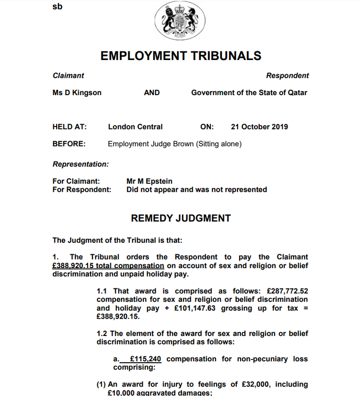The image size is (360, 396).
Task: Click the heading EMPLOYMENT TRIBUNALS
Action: point(181,56)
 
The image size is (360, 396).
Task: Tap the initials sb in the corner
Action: point(57,7)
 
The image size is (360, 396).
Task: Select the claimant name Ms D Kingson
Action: point(77,93)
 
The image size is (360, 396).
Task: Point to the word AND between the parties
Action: point(151,93)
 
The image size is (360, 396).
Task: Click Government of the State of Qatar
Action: point(249,93)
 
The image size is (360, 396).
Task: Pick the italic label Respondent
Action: point(287,75)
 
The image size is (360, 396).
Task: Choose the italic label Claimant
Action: point(68,75)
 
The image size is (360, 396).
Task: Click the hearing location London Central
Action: point(135,127)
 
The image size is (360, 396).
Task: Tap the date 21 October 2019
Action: point(259,127)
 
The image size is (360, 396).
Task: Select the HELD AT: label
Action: point(69,127)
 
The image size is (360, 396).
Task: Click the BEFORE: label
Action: point(69,144)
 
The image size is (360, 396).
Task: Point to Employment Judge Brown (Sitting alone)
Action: point(175,144)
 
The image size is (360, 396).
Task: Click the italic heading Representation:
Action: point(81,164)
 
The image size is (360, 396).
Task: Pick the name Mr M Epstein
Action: point(150,181)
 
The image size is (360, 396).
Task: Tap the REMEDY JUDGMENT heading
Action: point(181,218)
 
